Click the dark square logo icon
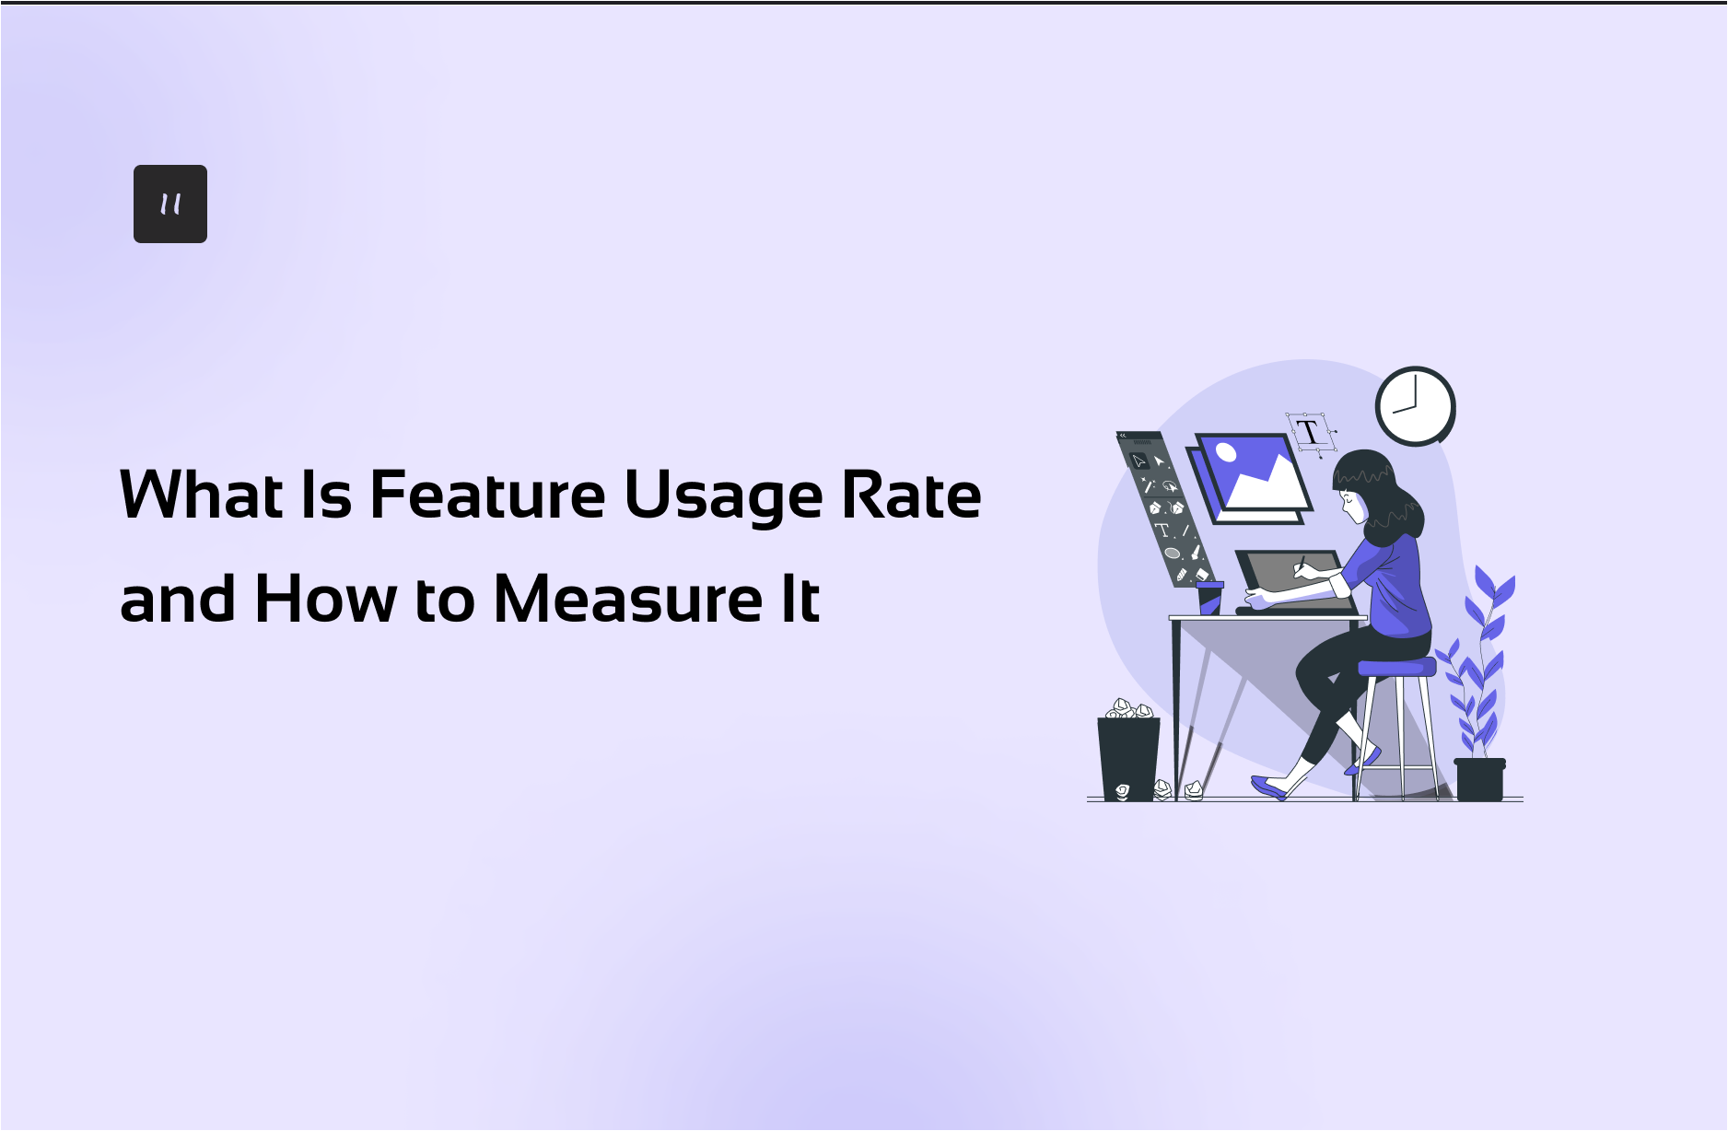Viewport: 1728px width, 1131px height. tap(170, 204)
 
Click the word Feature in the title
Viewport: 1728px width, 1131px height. tap(487, 496)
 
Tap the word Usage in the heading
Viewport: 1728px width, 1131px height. tap(723, 497)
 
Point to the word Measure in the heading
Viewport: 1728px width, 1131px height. tap(628, 599)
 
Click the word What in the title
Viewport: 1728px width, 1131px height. tap(202, 496)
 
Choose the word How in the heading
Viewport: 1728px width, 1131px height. tap(326, 599)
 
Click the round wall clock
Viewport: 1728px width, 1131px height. tap(1415, 406)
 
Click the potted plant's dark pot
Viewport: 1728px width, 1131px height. tap(1479, 779)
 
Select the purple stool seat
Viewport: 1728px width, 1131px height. tap(1397, 667)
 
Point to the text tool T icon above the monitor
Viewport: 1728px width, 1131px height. tap(1308, 432)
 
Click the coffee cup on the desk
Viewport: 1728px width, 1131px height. tap(1209, 597)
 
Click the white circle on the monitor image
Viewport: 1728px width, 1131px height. tap(1226, 452)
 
